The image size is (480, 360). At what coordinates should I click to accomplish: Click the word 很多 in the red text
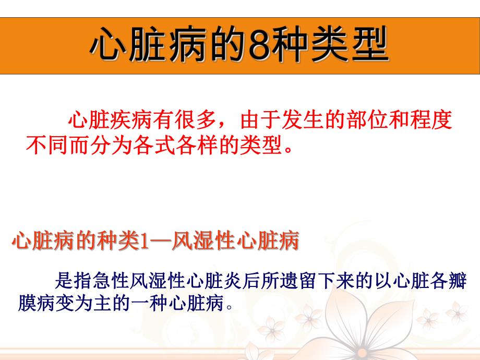[196, 121]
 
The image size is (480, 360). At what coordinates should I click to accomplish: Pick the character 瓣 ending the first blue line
[455, 282]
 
